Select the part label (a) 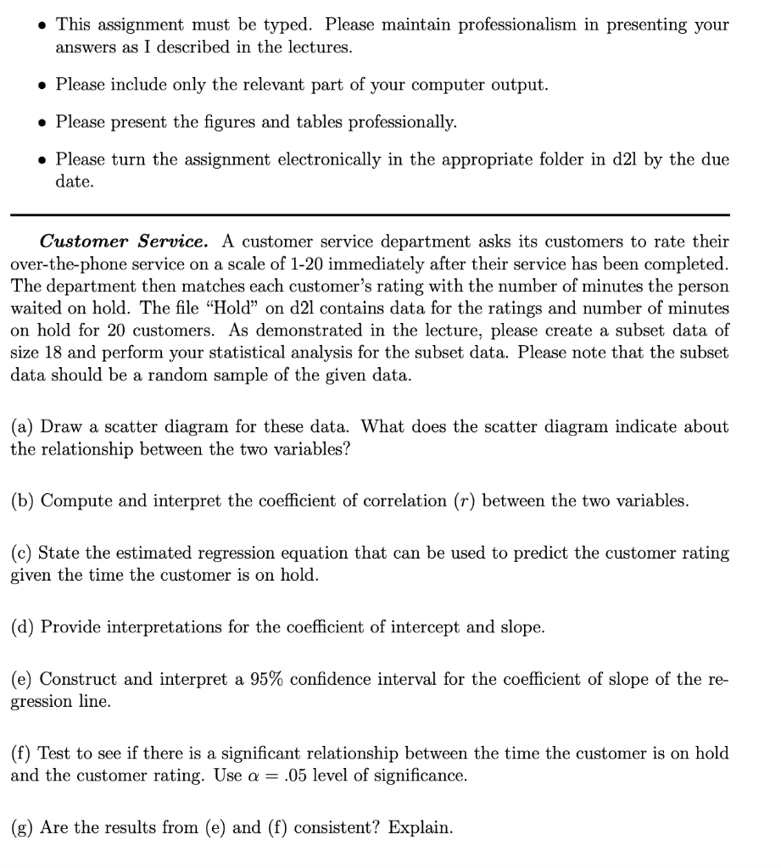click(x=23, y=427)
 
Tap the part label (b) click(x=23, y=501)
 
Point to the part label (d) click(x=23, y=627)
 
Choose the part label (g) click(x=23, y=827)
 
